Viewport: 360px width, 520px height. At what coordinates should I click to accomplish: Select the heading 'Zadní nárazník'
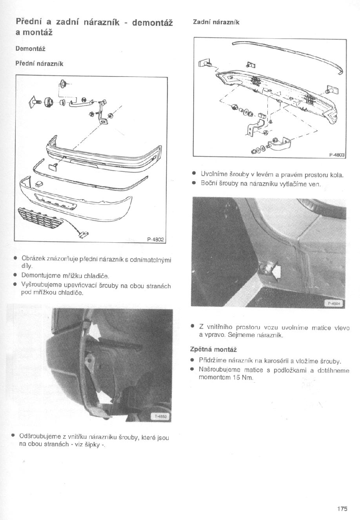tap(216, 22)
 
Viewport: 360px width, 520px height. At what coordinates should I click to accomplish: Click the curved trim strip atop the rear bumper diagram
tap(290, 51)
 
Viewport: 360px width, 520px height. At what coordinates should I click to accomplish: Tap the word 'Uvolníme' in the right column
tap(213, 174)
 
